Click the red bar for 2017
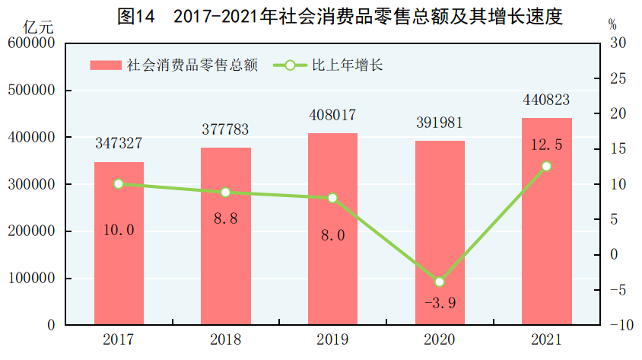pyautogui.click(x=119, y=244)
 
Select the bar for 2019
pyautogui.click(x=332, y=228)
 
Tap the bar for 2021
pyautogui.click(x=546, y=221)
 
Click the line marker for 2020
pyautogui.click(x=439, y=282)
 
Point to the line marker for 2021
pyautogui.click(x=546, y=166)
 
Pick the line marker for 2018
pyautogui.click(x=225, y=192)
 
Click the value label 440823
pyautogui.click(x=546, y=100)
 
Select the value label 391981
pyautogui.click(x=439, y=123)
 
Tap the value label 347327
pyautogui.click(x=119, y=144)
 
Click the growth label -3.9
pyautogui.click(x=439, y=304)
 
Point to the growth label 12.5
pyautogui.click(x=546, y=145)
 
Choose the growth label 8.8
pyautogui.click(x=225, y=218)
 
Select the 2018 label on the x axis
pyautogui.click(x=225, y=339)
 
